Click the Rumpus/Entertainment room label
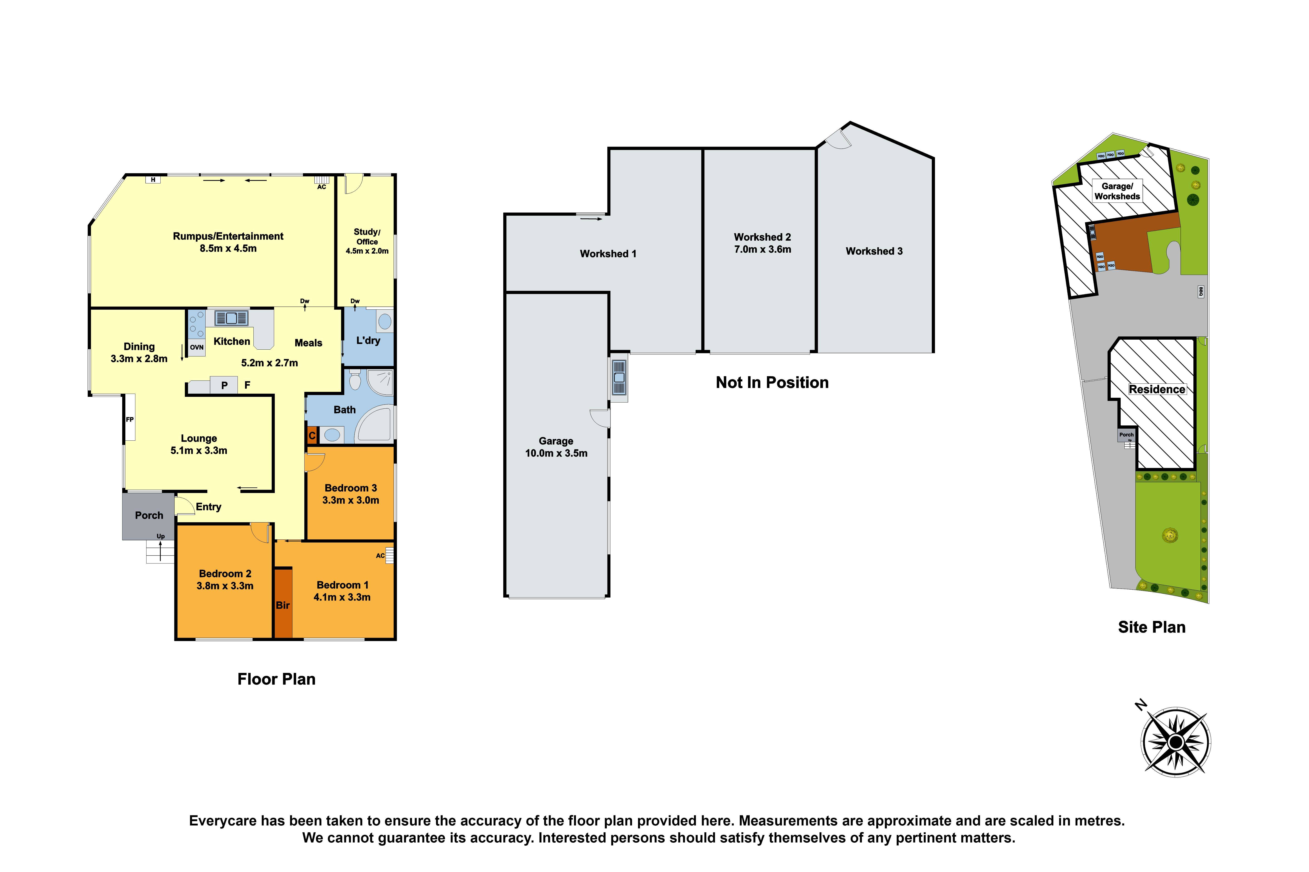[228, 236]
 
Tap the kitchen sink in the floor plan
[231, 318]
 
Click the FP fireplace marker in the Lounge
[130, 419]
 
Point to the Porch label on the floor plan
[149, 516]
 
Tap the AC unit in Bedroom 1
[389, 555]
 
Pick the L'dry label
[368, 340]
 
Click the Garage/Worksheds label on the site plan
[1117, 191]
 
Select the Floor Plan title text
[276, 679]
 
